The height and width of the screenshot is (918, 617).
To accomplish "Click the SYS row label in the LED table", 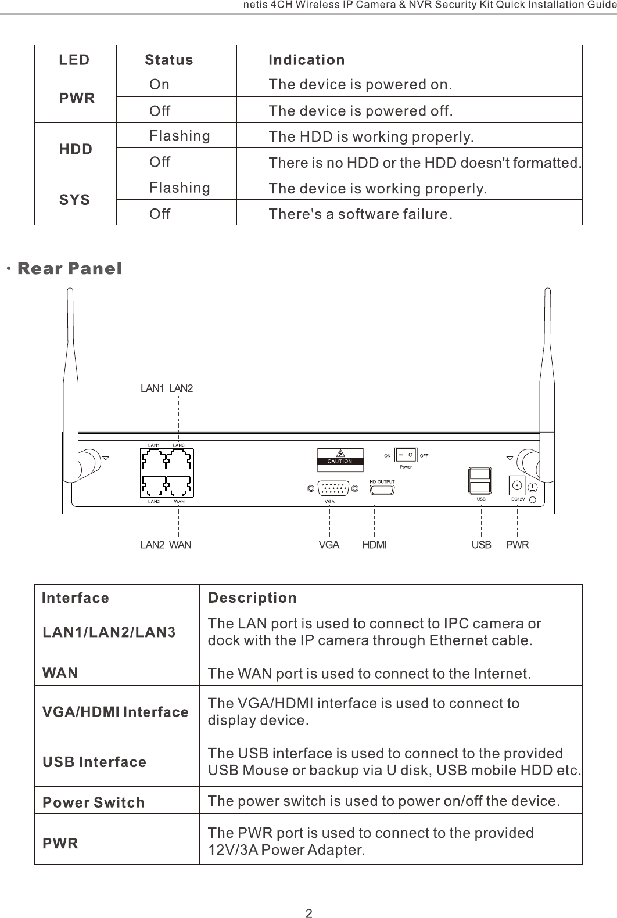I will [75, 200].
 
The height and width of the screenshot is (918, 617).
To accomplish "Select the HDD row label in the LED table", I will [76, 149].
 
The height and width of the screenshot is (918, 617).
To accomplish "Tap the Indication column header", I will [306, 60].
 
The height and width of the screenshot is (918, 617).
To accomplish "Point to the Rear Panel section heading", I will [70, 269].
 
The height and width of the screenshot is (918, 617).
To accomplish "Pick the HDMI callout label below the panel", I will [374, 545].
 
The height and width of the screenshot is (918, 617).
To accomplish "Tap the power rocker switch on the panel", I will [406, 456].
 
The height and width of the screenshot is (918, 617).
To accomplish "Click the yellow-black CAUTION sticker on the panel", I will [340, 457].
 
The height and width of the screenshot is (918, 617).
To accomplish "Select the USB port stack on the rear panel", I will [480, 481].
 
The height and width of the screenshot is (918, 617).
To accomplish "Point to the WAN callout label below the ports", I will [180, 545].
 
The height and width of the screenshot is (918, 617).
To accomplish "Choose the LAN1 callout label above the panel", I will [152, 388].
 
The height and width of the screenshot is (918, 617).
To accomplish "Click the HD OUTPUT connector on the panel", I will [382, 489].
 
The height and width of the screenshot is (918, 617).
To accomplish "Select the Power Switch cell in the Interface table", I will [94, 802].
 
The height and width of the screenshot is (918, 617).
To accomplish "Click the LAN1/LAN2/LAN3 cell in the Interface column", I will [109, 632].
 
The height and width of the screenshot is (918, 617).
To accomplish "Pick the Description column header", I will [252, 597].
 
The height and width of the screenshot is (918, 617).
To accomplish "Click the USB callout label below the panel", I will [481, 545].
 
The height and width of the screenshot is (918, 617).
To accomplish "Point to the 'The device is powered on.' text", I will [360, 85].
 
